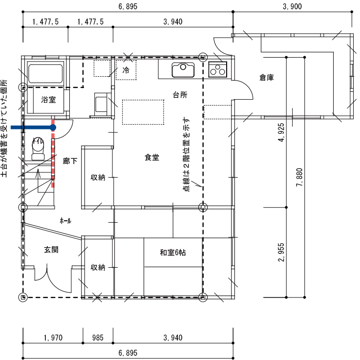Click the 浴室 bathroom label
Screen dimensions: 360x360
click(x=48, y=100)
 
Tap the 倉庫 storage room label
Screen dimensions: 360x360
click(x=267, y=78)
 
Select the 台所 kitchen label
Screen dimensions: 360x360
click(x=180, y=95)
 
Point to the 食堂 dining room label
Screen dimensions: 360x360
click(x=152, y=157)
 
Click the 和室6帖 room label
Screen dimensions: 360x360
click(x=173, y=253)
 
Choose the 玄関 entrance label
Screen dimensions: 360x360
click(x=51, y=250)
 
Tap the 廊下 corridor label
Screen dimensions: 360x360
click(x=70, y=161)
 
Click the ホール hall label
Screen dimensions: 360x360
click(x=65, y=221)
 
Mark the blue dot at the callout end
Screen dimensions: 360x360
click(x=53, y=127)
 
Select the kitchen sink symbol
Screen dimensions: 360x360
click(x=183, y=70)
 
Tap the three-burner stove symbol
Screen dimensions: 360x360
click(x=218, y=69)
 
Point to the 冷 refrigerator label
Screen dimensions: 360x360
click(x=126, y=70)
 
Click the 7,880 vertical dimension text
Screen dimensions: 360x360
click(x=299, y=177)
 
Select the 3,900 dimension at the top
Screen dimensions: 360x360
click(x=292, y=6)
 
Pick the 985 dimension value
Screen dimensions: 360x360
click(x=98, y=338)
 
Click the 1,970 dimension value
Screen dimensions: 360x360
click(x=53, y=338)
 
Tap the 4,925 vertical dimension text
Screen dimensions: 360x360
click(x=281, y=132)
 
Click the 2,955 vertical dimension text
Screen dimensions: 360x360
click(x=281, y=252)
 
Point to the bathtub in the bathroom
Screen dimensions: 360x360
click(x=45, y=73)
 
